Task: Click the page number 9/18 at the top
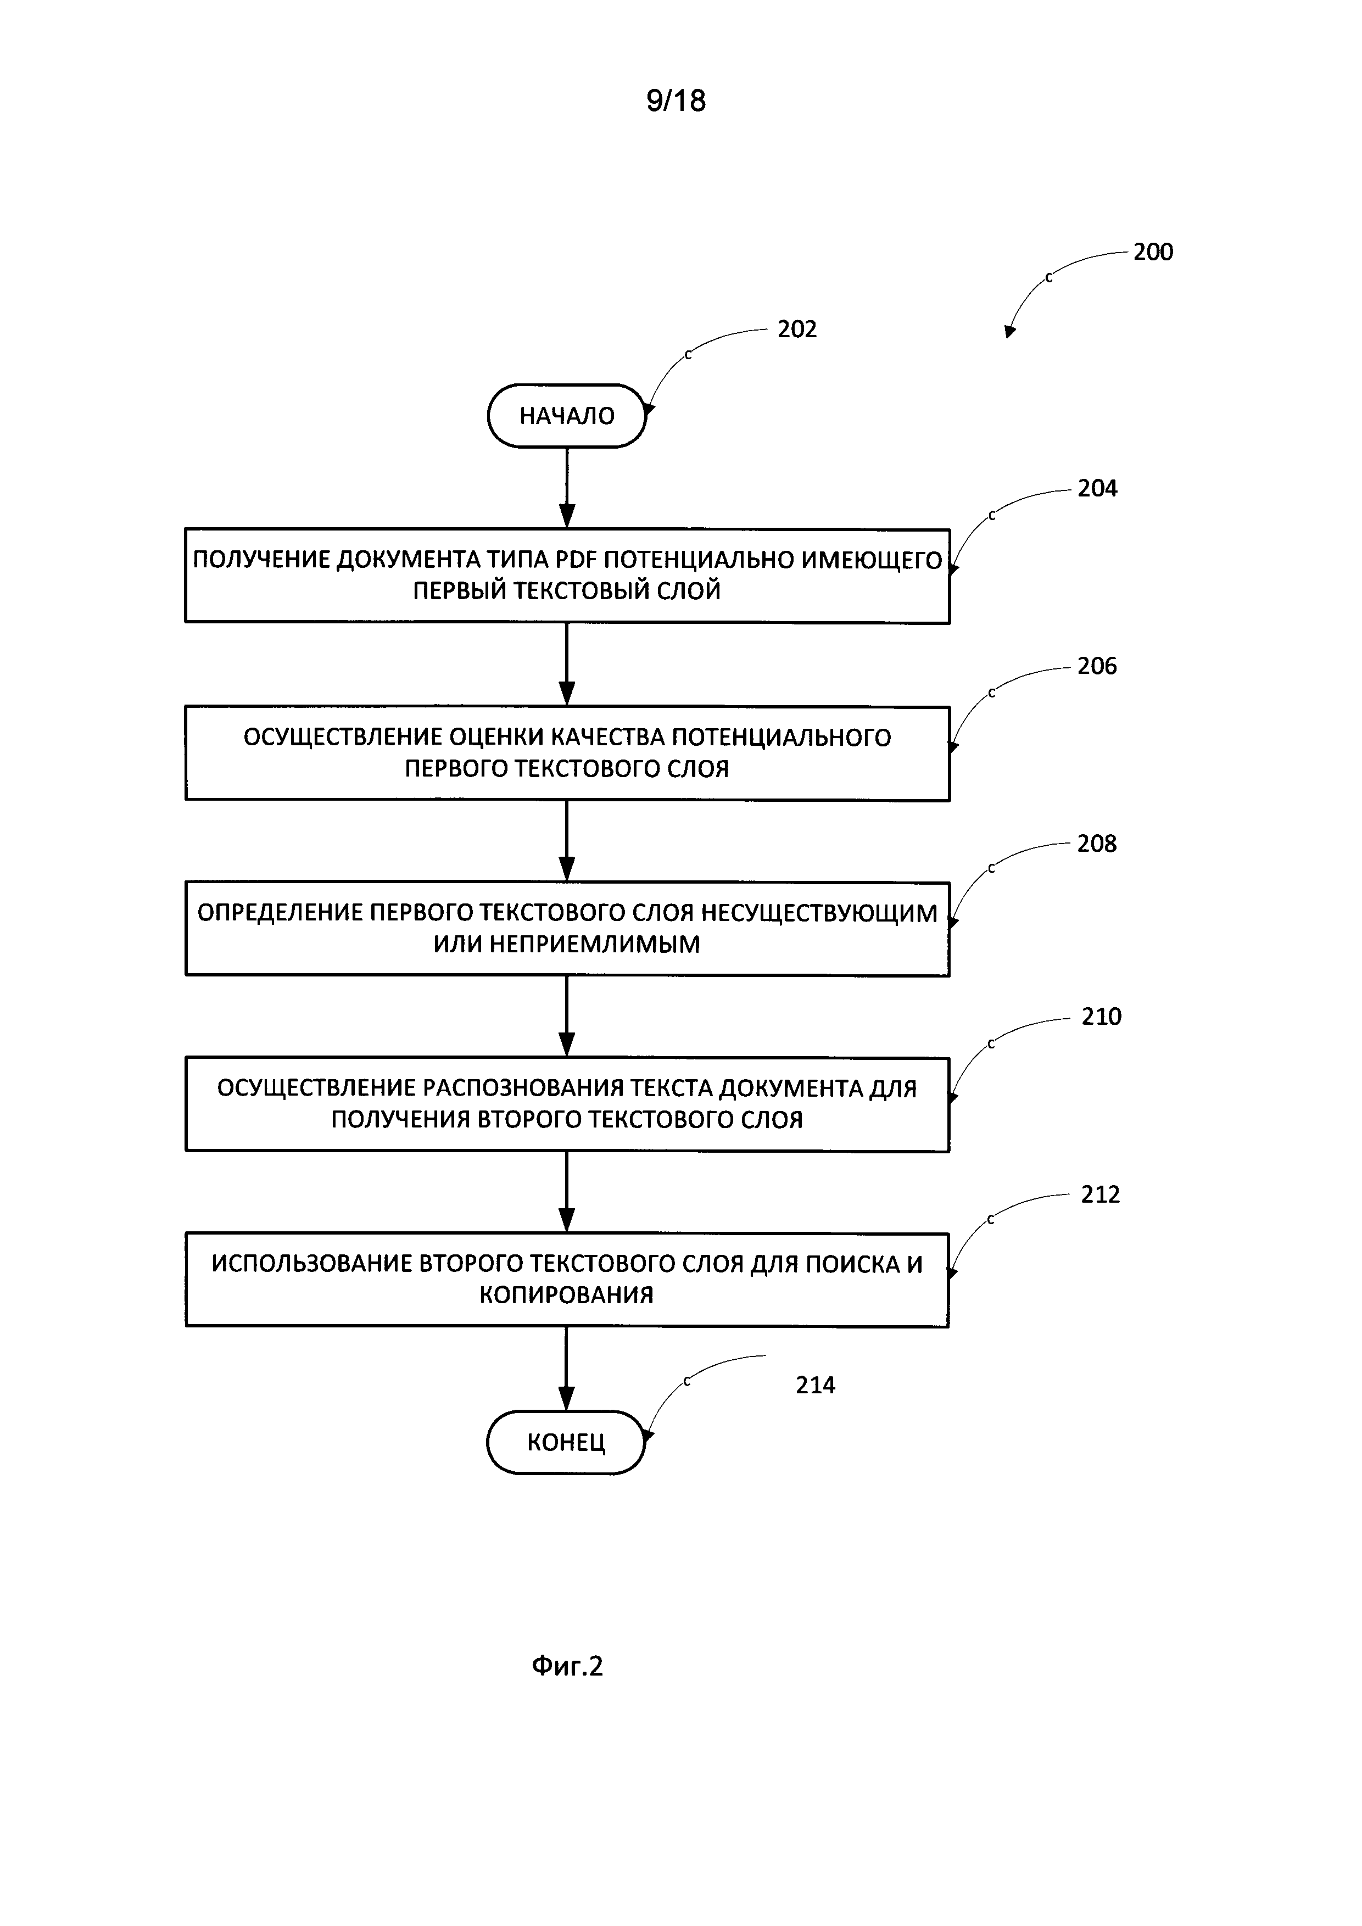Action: point(676,101)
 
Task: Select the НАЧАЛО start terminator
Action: point(567,415)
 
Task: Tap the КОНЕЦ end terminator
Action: point(566,1442)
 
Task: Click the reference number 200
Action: point(1153,252)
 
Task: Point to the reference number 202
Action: point(797,329)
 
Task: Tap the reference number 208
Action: point(1097,844)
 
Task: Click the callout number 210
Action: point(1101,1017)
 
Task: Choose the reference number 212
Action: point(1101,1194)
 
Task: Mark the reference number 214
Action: point(815,1385)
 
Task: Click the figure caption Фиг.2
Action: point(568,1665)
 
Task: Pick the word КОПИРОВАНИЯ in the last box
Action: point(566,1294)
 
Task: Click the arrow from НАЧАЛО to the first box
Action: point(567,487)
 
